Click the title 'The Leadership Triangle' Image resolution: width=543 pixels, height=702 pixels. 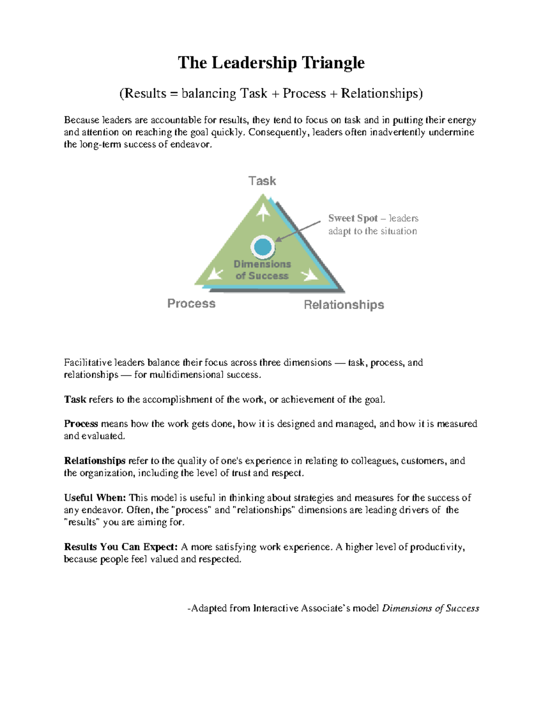point(271,62)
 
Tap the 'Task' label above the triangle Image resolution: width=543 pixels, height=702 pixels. point(262,181)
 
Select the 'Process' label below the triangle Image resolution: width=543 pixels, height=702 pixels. point(191,303)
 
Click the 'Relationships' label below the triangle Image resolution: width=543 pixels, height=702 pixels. point(344,305)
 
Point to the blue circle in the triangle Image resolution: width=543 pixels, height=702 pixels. point(262,247)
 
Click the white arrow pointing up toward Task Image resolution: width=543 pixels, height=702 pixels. point(263,212)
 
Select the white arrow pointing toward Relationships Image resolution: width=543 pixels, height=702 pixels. point(310,274)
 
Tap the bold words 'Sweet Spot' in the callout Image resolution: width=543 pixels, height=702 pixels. point(353,218)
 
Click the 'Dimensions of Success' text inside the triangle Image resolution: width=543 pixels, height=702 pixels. point(262,270)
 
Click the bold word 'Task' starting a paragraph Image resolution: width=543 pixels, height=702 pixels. point(75,400)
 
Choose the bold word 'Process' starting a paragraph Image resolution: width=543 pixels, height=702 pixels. point(81,424)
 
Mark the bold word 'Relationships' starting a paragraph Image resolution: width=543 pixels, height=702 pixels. point(95,461)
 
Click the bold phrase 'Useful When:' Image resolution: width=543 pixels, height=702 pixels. point(95,498)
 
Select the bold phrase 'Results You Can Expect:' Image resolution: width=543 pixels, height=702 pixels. point(121,547)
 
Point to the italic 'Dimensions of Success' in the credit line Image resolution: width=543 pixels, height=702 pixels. point(430,608)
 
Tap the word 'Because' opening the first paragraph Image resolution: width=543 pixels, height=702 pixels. point(81,120)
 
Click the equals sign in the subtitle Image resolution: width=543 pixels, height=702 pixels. point(174,94)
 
